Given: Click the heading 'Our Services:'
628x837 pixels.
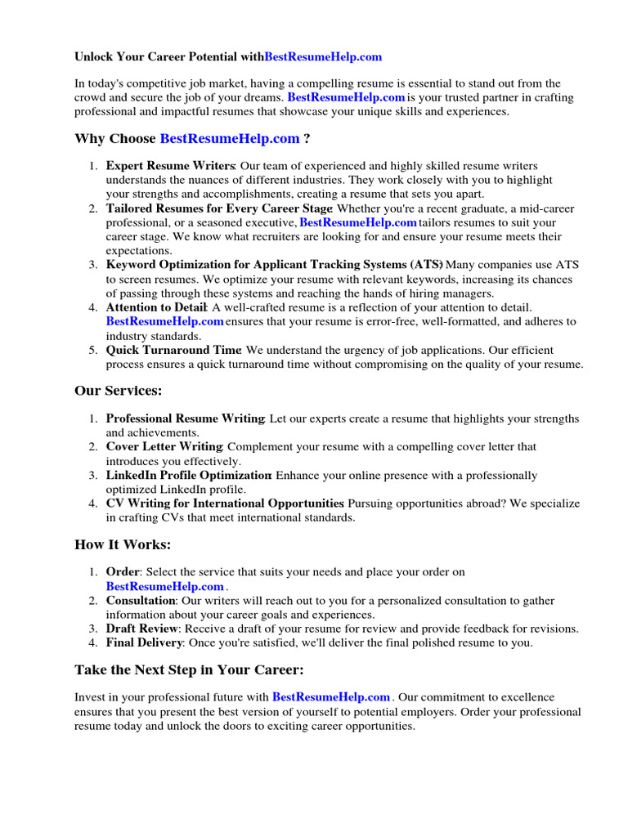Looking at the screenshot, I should point(119,391).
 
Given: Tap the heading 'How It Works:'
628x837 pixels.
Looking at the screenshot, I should point(123,544).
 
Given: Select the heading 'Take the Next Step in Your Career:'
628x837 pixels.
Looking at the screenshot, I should point(189,670).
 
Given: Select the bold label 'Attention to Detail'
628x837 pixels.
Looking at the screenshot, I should point(155,307).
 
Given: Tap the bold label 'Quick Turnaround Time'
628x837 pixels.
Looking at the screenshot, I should point(173,350).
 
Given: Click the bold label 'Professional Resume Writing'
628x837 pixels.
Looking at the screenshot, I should point(185,418).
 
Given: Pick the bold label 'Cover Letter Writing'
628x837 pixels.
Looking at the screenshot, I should point(164,447).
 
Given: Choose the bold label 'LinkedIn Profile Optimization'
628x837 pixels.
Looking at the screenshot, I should point(188,476).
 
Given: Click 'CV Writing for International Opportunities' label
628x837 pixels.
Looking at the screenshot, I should point(225,504).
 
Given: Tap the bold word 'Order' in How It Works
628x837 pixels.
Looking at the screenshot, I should point(123,572).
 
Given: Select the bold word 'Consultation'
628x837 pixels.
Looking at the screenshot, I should point(141,601).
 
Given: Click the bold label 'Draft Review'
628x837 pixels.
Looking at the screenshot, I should point(141,629).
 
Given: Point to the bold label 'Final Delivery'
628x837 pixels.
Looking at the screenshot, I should point(143,642).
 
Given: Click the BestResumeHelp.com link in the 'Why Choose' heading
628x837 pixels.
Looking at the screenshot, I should point(230,139).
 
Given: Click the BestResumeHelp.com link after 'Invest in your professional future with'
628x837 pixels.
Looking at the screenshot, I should point(331,697).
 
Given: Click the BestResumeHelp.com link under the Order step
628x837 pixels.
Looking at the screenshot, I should point(165,587).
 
